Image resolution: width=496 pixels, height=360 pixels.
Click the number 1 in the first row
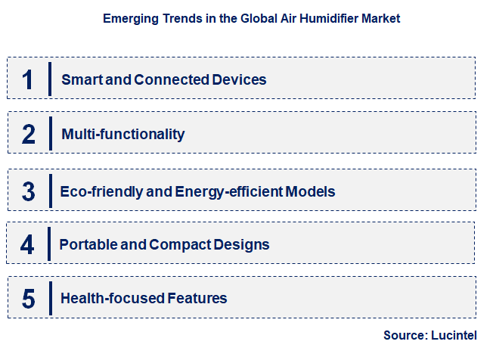coord(28,79)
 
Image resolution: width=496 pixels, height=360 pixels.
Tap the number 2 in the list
coord(29,134)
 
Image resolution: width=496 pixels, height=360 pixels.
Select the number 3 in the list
coord(28,191)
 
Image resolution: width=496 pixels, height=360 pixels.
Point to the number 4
coord(28,244)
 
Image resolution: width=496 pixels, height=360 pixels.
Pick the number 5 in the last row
coord(28,299)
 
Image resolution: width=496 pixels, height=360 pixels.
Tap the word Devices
coord(238,79)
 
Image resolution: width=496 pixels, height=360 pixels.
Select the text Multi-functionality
coord(123,135)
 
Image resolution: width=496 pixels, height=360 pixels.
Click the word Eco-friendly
coord(102,191)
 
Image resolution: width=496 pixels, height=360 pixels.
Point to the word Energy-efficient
coord(229,191)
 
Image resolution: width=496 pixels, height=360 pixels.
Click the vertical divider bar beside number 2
coord(51,134)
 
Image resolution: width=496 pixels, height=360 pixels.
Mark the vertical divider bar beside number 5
coord(51,298)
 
